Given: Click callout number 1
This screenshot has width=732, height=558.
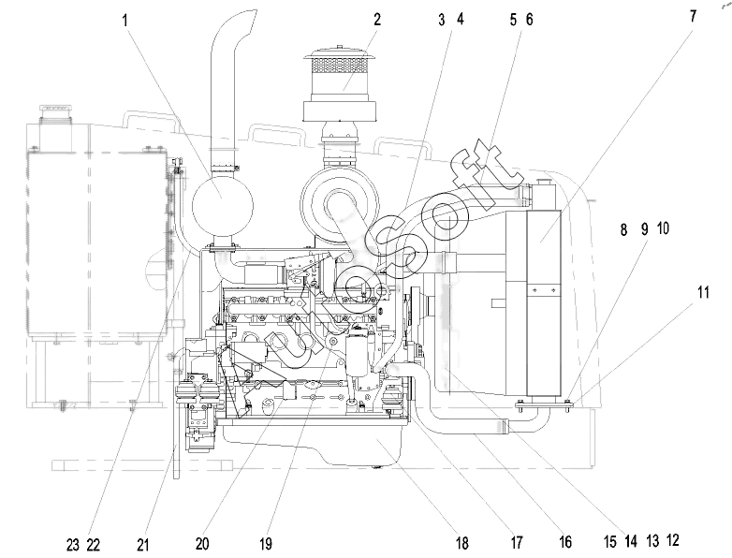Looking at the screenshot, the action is (x=124, y=21).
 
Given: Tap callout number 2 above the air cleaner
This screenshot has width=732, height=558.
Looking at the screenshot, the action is (x=377, y=20).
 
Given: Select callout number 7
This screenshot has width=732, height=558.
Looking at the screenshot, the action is (x=693, y=16).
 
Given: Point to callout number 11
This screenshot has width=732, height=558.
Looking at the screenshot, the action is (x=703, y=293).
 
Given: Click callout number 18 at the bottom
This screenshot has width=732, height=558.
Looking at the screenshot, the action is (x=461, y=543).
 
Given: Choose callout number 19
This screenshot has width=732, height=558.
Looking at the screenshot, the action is (x=266, y=544).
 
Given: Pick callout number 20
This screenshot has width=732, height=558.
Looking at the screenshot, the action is (x=202, y=544).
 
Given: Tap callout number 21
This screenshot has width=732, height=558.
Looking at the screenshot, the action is (x=143, y=545).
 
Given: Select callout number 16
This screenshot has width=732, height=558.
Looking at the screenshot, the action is (x=564, y=542).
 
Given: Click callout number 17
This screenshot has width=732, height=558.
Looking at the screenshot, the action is (x=517, y=543).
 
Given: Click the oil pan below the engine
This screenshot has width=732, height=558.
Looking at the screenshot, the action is (x=313, y=442).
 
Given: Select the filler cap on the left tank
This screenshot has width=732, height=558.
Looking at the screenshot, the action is (x=55, y=110).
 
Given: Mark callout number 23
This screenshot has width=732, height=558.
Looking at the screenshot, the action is (x=73, y=545).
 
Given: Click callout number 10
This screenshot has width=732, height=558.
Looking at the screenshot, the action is (x=663, y=228).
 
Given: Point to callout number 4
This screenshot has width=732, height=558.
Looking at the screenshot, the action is (x=460, y=20).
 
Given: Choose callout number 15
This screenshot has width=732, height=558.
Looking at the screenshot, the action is (x=609, y=542).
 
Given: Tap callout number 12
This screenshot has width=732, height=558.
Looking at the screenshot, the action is (x=673, y=540).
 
